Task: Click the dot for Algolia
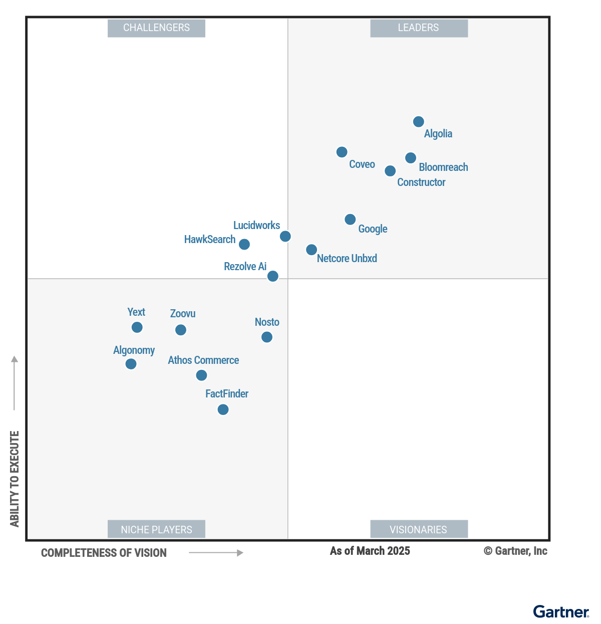tap(419, 122)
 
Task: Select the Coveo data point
tap(342, 152)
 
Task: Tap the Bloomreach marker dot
tap(411, 158)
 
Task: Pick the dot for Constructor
tap(390, 171)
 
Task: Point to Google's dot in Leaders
tap(350, 220)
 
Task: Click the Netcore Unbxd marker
tap(312, 250)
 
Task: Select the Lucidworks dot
tap(285, 236)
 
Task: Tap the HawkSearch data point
tap(244, 244)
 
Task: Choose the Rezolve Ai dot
tap(273, 276)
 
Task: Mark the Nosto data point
tap(267, 337)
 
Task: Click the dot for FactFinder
tap(223, 409)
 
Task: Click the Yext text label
tap(136, 312)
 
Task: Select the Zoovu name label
tap(183, 314)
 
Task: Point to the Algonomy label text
tap(134, 350)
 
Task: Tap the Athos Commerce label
tap(203, 360)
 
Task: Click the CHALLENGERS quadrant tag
tap(156, 28)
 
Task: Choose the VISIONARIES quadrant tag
tap(419, 529)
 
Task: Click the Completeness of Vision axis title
tap(104, 553)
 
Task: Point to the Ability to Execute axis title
tap(15, 479)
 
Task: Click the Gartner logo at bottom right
tap(561, 612)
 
